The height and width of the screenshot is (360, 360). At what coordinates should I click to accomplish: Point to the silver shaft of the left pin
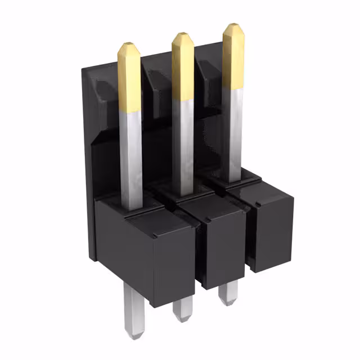[x=131, y=157]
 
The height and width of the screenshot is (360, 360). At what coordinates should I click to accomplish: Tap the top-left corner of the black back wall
[x=84, y=70]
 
